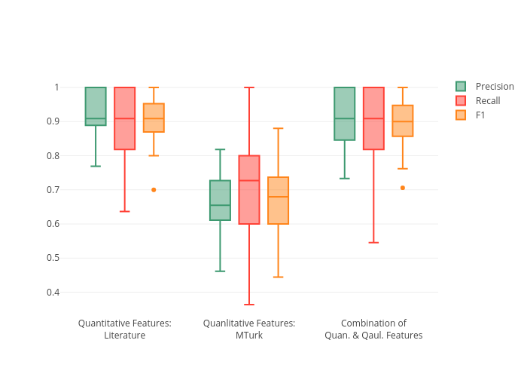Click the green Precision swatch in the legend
tap(461, 87)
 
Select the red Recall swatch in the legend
tap(461, 101)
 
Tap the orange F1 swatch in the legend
tap(461, 115)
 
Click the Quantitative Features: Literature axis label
tap(124, 329)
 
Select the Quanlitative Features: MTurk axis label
tap(249, 329)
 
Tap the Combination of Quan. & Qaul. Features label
tap(373, 329)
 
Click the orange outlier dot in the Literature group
tap(154, 190)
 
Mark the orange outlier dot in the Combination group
tap(403, 188)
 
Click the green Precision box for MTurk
tap(220, 201)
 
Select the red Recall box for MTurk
tap(249, 190)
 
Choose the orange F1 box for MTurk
tap(278, 201)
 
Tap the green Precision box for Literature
tap(96, 106)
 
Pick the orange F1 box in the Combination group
tap(403, 121)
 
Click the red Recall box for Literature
tap(124, 118)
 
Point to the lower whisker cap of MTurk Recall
tap(249, 305)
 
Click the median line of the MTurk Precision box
tap(220, 205)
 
